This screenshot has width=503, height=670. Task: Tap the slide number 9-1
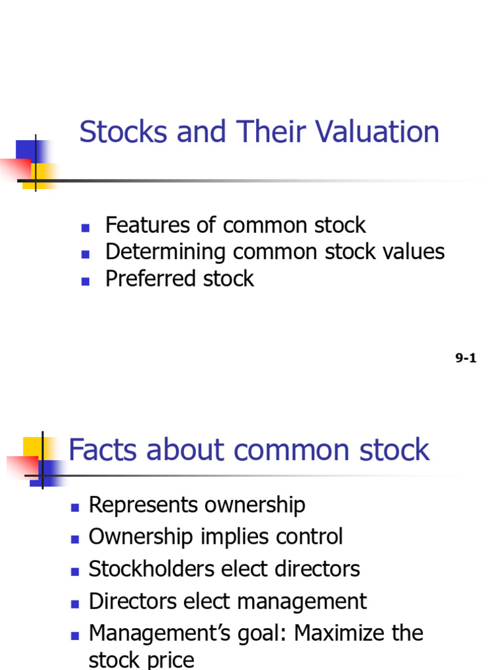466,358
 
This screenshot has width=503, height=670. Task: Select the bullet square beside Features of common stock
85,228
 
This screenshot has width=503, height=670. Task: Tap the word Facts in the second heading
103,450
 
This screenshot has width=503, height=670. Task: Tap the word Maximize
340,633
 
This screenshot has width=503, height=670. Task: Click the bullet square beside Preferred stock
85,281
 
